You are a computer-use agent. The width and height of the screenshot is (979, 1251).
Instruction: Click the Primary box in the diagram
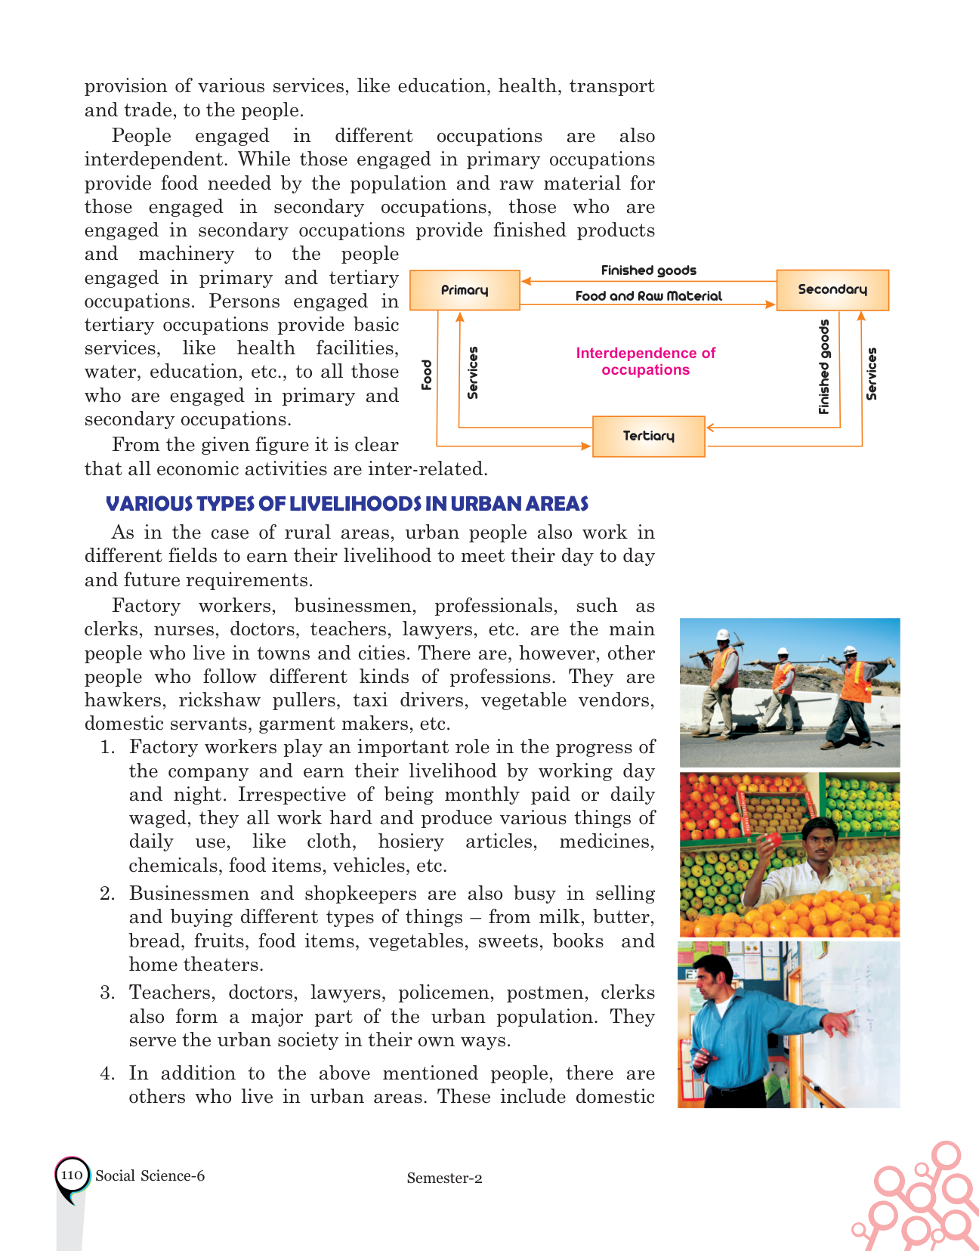click(465, 290)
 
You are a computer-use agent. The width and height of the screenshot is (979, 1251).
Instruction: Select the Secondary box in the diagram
click(832, 290)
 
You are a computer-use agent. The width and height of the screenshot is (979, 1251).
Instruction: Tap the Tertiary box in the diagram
click(648, 436)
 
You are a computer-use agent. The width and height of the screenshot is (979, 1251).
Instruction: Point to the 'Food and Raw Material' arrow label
click(648, 296)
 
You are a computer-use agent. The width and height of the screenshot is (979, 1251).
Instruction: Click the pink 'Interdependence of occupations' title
click(646, 361)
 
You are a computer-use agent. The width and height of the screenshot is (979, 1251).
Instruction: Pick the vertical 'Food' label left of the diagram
click(427, 375)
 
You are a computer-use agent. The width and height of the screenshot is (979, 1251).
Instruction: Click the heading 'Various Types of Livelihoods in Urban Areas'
click(347, 504)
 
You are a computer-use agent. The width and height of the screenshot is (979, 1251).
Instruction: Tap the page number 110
click(71, 1175)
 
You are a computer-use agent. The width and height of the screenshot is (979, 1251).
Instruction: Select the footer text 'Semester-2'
click(444, 1178)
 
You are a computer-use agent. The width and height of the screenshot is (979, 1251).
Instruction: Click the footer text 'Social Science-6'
click(150, 1175)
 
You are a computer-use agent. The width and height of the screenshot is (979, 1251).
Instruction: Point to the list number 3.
click(107, 993)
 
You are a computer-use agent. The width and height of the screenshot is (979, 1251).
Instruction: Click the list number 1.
click(108, 747)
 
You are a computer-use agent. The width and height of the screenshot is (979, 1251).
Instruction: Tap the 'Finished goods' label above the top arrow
click(648, 270)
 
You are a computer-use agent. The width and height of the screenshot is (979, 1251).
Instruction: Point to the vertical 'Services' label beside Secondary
click(872, 374)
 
